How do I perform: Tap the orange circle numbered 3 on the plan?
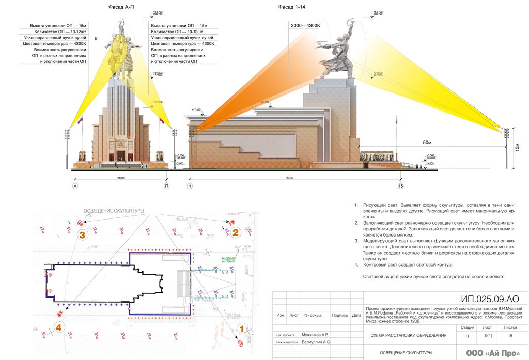82,234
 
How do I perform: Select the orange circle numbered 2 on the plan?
235,232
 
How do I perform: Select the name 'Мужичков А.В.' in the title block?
315,335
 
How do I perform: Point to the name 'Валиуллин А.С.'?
316,342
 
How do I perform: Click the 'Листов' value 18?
510,336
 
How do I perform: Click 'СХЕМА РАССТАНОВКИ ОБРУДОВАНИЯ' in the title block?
408,336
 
